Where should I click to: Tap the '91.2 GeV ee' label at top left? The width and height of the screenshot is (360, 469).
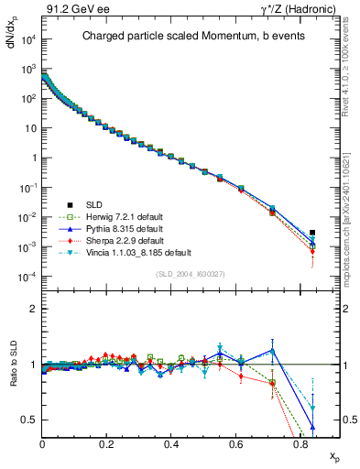tap(71, 10)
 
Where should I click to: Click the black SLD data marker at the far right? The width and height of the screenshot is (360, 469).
tap(312, 233)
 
